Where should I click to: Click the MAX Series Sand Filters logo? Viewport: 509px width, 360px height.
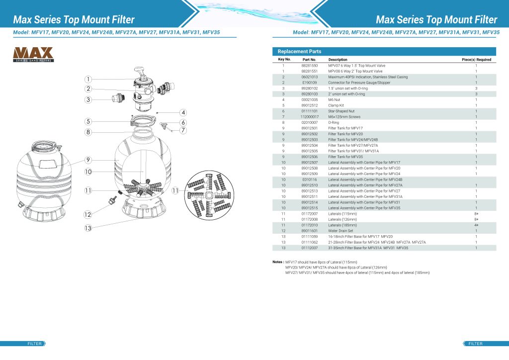click(x=33, y=54)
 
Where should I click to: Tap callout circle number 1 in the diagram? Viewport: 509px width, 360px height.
click(x=87, y=79)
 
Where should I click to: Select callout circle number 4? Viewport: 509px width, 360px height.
click(x=183, y=112)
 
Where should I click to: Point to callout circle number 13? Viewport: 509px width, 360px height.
click(x=88, y=228)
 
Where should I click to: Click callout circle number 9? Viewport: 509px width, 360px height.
click(x=87, y=160)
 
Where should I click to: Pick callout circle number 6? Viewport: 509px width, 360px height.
click(x=183, y=122)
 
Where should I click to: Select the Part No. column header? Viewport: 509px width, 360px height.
click(x=309, y=60)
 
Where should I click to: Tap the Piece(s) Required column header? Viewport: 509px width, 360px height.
click(x=476, y=60)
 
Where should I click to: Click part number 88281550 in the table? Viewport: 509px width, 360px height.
click(x=309, y=66)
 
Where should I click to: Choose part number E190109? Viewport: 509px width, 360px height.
click(x=309, y=83)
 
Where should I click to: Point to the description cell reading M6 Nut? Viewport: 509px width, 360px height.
click(x=334, y=99)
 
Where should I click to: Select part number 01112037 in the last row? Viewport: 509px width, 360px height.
click(x=309, y=248)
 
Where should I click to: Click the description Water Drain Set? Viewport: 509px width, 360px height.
click(x=340, y=231)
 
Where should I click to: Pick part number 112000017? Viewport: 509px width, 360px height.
click(x=309, y=117)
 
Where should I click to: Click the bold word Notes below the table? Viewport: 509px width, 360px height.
click(x=278, y=262)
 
